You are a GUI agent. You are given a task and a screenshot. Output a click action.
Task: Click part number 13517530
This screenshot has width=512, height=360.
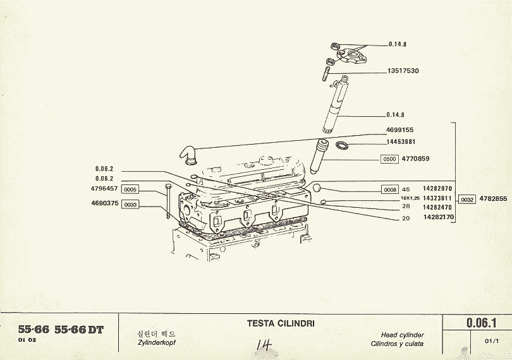pyautogui.click(x=403, y=71)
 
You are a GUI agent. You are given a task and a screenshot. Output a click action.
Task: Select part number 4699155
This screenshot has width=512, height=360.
pyautogui.click(x=399, y=129)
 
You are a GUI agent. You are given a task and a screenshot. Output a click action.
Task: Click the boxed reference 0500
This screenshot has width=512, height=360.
pyautogui.click(x=389, y=159)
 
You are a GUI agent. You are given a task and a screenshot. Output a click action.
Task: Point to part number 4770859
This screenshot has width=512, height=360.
pyautogui.click(x=415, y=159)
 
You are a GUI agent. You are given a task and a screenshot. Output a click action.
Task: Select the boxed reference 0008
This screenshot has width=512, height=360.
pyautogui.click(x=389, y=189)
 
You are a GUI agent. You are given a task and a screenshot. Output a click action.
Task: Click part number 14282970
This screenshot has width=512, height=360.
pyautogui.click(x=437, y=189)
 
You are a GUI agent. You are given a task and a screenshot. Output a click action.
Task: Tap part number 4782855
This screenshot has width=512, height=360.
pyautogui.click(x=493, y=199)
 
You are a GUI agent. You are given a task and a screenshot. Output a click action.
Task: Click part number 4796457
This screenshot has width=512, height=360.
pyautogui.click(x=104, y=189)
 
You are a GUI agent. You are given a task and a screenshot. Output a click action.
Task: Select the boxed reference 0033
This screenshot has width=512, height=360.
pyautogui.click(x=130, y=205)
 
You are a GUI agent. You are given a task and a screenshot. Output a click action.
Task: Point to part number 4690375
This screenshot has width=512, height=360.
pyautogui.click(x=104, y=203)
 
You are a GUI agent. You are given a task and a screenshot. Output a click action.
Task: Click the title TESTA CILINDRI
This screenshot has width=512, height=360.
pyautogui.click(x=280, y=324)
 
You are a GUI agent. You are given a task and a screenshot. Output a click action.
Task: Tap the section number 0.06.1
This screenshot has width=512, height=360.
pyautogui.click(x=481, y=323)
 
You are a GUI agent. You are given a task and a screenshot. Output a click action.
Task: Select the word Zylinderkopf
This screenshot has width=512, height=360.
pyautogui.click(x=156, y=342)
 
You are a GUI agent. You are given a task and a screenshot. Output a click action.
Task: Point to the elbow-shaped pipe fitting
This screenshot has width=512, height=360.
pyautogui.click(x=187, y=152)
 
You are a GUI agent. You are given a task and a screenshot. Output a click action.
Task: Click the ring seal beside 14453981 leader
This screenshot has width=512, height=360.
pyautogui.click(x=341, y=147)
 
